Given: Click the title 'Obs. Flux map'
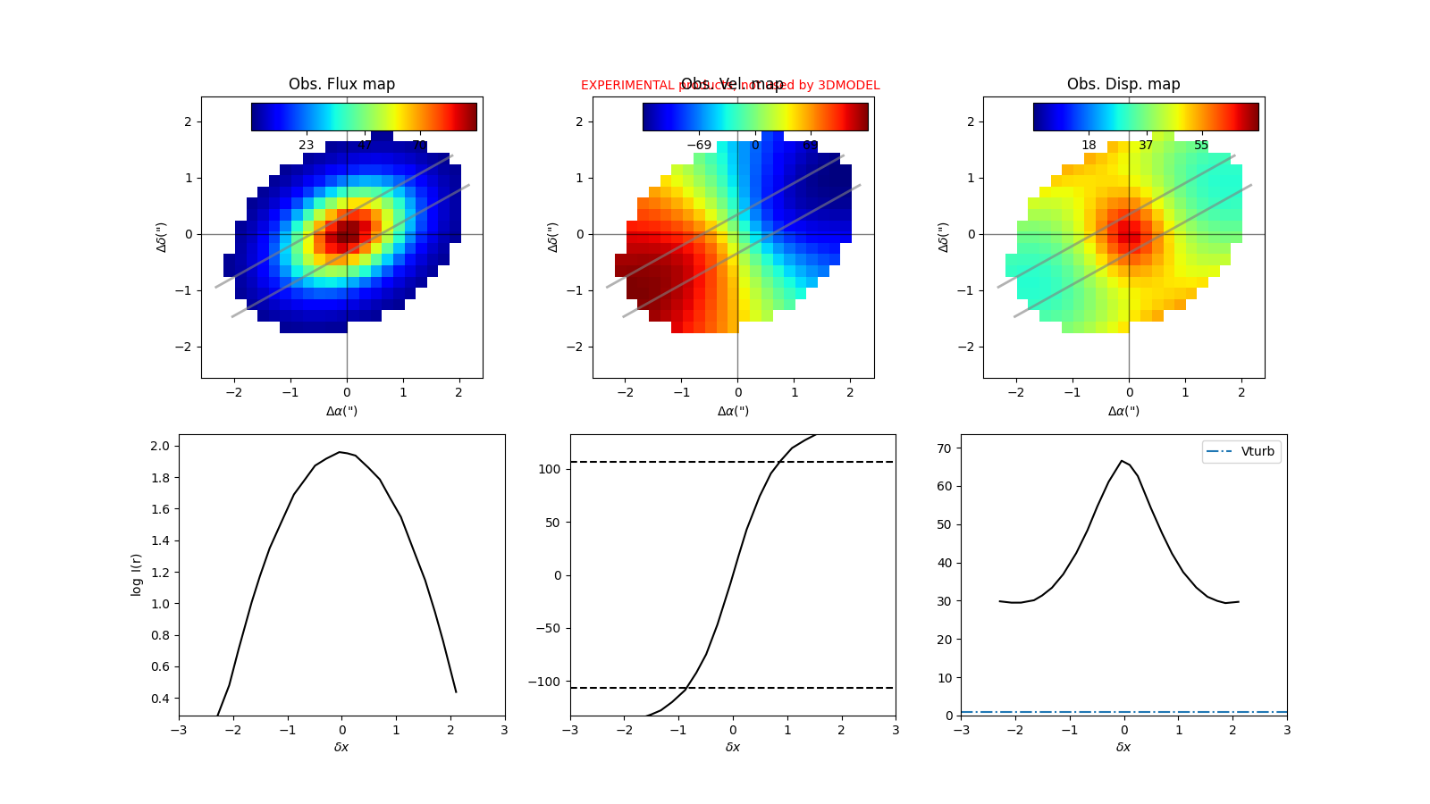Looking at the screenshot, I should coord(341,84).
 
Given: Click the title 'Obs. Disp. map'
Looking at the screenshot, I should coord(1123,84).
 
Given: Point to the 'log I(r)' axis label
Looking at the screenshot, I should coord(137,574).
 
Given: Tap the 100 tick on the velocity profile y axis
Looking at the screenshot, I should coord(550,469).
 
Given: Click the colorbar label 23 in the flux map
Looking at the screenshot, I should coord(306,145).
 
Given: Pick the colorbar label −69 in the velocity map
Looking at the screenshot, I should coord(699,145).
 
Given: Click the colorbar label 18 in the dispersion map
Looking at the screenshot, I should coord(1089,145).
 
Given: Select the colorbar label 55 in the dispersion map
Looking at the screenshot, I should coord(1201,145).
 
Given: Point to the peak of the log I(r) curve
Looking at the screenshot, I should coord(341,452).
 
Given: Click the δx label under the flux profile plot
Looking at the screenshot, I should coord(341,747).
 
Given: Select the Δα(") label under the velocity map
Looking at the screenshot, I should coord(733,411).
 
